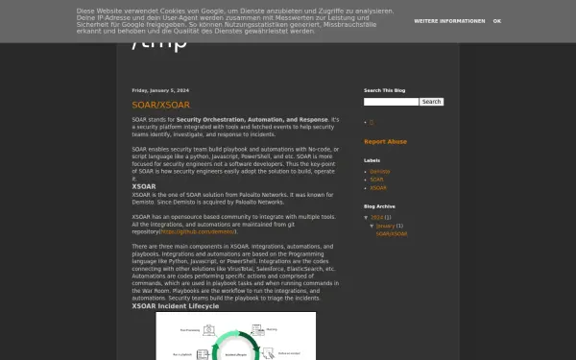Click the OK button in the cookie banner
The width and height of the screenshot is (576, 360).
(496, 20)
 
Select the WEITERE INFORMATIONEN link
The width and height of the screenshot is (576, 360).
(449, 20)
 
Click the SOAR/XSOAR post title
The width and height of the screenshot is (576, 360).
(160, 104)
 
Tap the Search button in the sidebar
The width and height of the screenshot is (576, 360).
(431, 101)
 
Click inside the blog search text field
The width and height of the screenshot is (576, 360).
(391, 101)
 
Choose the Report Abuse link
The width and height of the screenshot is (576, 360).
(385, 141)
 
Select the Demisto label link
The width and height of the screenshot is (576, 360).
(379, 171)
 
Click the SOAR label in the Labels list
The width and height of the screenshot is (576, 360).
(376, 179)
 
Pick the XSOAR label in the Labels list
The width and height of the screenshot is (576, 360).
(377, 186)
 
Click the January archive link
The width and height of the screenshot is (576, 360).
(385, 226)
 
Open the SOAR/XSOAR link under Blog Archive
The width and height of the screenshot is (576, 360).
(392, 233)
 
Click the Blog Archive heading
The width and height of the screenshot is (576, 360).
(379, 206)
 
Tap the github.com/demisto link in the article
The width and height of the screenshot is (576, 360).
(198, 231)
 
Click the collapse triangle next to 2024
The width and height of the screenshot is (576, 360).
(366, 217)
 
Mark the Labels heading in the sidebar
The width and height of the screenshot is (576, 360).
(372, 160)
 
